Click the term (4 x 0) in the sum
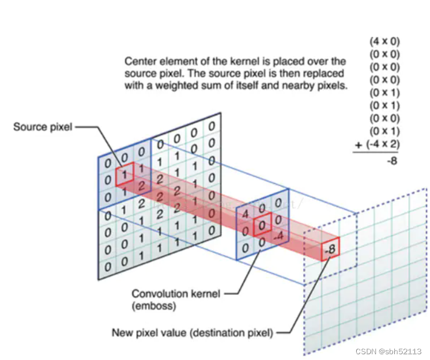[x=384, y=41]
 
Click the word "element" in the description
[x=174, y=61]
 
